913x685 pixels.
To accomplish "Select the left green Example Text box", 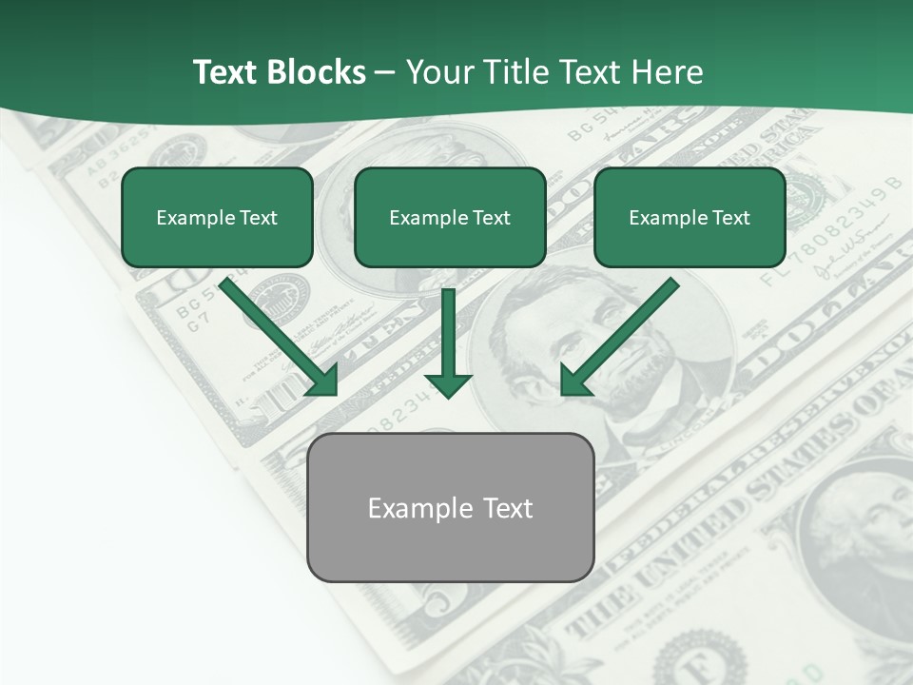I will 217,217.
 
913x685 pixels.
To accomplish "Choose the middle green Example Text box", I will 450,217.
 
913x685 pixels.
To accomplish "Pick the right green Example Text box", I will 690,217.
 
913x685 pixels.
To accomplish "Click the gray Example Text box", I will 451,507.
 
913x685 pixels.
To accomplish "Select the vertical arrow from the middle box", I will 448,342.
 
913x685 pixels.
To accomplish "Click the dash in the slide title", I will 385,72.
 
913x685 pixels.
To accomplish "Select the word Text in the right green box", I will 730,218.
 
